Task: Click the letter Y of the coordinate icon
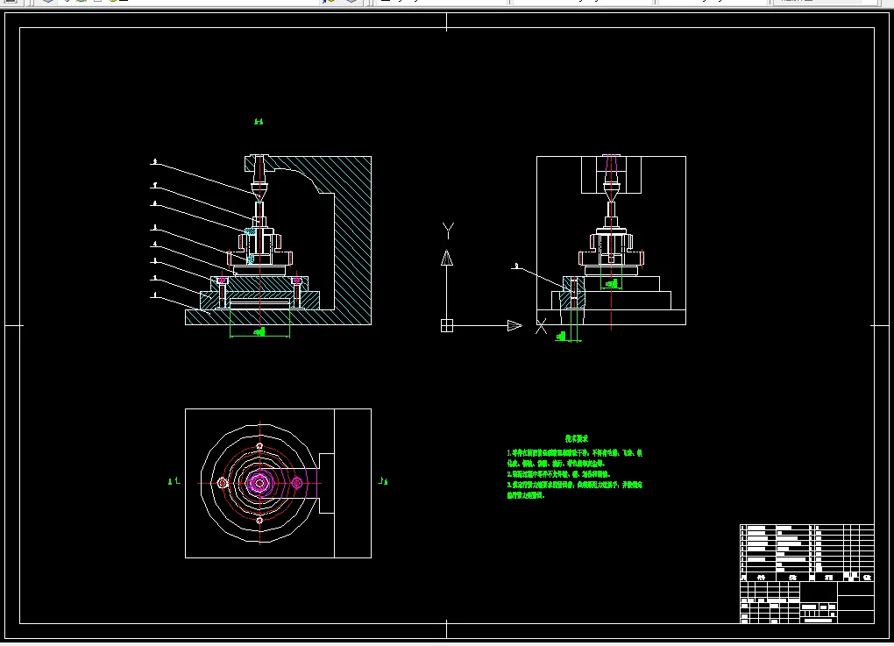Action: (x=448, y=231)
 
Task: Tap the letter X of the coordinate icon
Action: (x=541, y=327)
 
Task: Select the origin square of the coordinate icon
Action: (x=447, y=326)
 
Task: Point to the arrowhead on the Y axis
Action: (x=447, y=258)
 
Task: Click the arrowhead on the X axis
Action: (x=514, y=326)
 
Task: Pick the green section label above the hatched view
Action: (x=259, y=122)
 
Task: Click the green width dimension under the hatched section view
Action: (x=259, y=332)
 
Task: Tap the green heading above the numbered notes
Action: (x=576, y=438)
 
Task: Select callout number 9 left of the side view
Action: (x=516, y=265)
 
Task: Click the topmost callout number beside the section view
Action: (x=154, y=161)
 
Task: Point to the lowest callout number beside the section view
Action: (x=154, y=296)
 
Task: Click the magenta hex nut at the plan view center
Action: (x=259, y=482)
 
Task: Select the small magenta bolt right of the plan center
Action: (x=297, y=482)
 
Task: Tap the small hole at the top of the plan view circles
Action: (x=259, y=446)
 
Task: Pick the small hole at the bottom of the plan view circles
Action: (x=259, y=520)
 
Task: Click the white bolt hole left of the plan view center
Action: (x=223, y=483)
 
